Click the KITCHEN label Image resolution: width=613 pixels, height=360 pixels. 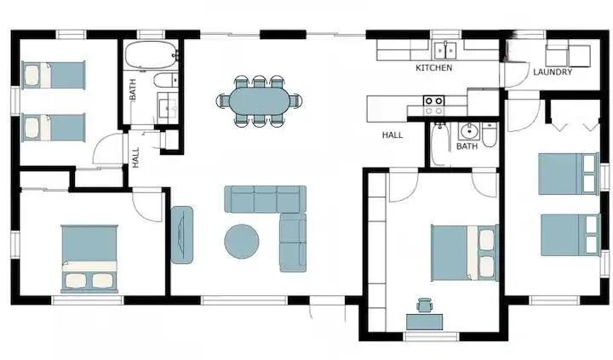pyautogui.click(x=434, y=67)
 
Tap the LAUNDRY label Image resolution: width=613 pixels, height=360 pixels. pyautogui.click(x=553, y=72)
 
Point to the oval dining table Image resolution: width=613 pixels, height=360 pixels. pyautogui.click(x=260, y=100)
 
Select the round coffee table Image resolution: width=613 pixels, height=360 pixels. pyautogui.click(x=242, y=241)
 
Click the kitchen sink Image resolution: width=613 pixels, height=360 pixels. pyautogui.click(x=445, y=50)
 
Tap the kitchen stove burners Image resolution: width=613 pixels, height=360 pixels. pyautogui.click(x=434, y=106)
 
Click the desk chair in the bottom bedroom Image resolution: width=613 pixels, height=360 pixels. pyautogui.click(x=425, y=305)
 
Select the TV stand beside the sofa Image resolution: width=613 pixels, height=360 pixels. pyautogui.click(x=182, y=235)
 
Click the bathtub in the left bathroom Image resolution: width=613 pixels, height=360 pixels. pyautogui.click(x=151, y=55)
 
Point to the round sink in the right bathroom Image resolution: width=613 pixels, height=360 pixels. pyautogui.click(x=468, y=131)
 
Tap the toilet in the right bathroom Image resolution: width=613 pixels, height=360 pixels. pyautogui.click(x=490, y=134)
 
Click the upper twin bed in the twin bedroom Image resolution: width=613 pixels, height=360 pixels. pyautogui.click(x=53, y=75)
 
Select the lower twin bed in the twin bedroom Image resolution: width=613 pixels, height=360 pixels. pyautogui.click(x=53, y=128)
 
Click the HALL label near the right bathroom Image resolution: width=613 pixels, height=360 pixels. pyautogui.click(x=392, y=135)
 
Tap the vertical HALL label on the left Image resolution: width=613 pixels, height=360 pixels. pyautogui.click(x=135, y=157)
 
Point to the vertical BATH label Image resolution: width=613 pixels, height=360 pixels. pyautogui.click(x=133, y=89)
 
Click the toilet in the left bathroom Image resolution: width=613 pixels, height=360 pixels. pyautogui.click(x=166, y=80)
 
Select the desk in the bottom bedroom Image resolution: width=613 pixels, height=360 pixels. pyautogui.click(x=425, y=322)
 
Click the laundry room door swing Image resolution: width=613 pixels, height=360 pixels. pyautogui.click(x=515, y=75)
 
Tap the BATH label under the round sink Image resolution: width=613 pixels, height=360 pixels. pyautogui.click(x=467, y=146)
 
